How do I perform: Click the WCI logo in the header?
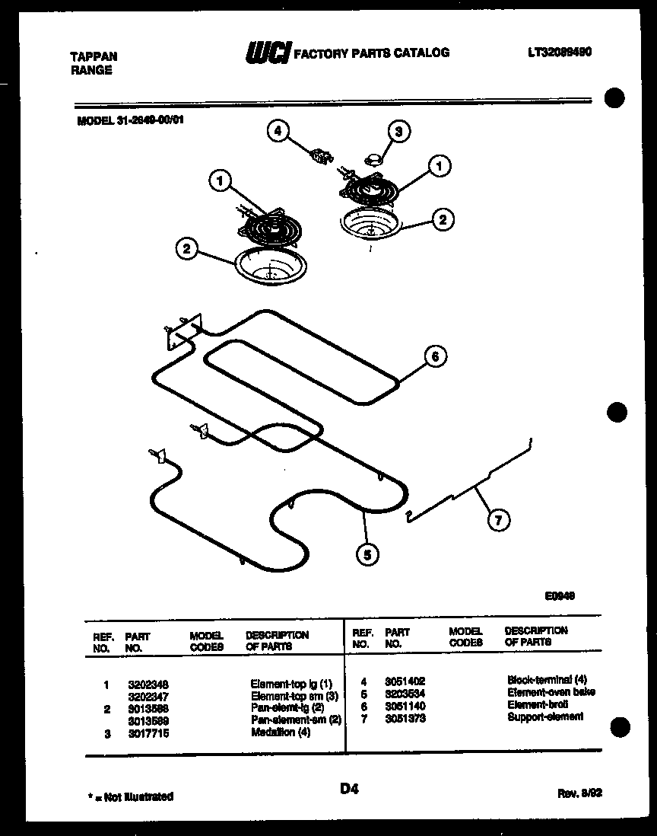click(266, 53)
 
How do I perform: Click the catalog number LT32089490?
click(560, 53)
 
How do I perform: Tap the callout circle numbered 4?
click(278, 131)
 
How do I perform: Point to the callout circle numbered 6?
click(434, 356)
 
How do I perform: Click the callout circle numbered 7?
click(498, 521)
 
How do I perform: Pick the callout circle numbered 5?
click(368, 555)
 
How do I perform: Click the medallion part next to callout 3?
click(373, 158)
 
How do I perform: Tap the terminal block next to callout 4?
click(320, 156)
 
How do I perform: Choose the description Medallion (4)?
click(281, 732)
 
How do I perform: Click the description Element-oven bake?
click(551, 692)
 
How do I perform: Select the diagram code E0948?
click(559, 597)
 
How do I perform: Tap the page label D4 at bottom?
click(350, 790)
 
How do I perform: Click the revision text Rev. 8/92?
click(580, 793)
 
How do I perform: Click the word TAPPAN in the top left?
click(94, 56)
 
